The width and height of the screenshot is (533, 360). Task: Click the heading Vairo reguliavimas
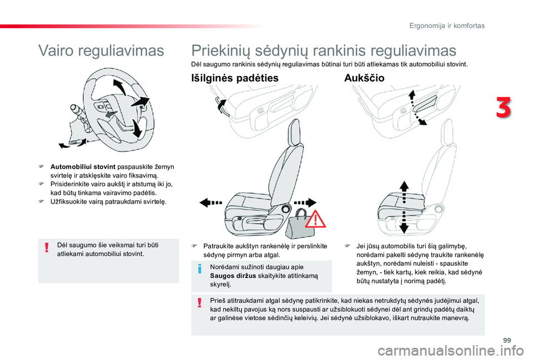point(101,51)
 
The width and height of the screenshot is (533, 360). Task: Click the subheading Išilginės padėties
point(235,78)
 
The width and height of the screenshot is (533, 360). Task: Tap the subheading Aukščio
point(364,78)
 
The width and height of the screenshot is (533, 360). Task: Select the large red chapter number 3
point(504,108)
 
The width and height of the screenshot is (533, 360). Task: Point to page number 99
point(507,340)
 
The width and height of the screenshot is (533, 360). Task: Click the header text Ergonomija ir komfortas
point(447,26)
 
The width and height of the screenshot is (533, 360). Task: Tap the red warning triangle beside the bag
point(315,219)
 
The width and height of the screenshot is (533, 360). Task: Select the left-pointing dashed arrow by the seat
point(211,203)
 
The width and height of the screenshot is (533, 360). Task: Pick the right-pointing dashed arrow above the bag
point(305,202)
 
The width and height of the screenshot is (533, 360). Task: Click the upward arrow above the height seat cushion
point(404,192)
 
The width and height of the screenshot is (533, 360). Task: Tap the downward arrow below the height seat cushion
point(404,222)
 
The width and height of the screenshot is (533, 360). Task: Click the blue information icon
point(200,268)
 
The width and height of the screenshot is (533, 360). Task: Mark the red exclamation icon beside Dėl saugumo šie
point(47,247)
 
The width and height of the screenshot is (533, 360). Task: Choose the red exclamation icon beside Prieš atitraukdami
point(200,302)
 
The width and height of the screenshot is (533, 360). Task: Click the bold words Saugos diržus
point(233,276)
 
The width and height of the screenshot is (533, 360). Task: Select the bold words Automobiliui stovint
point(83,167)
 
